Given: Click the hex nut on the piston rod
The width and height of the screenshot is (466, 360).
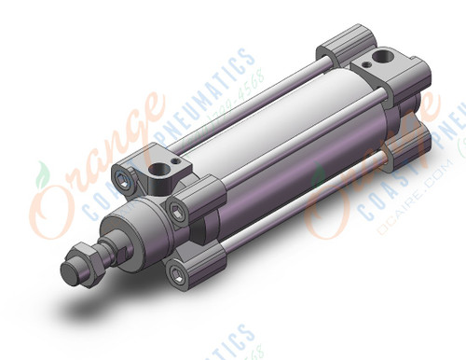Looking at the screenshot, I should tap(89, 255).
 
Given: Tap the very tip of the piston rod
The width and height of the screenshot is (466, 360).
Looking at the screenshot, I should tap(67, 273).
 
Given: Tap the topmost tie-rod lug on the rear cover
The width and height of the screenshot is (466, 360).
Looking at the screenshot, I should tap(335, 48).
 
